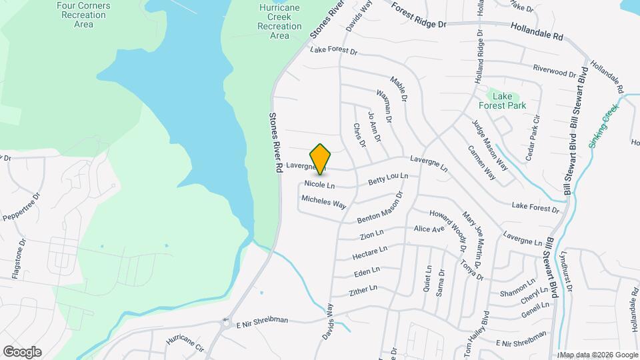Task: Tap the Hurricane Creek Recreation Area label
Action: coord(280,21)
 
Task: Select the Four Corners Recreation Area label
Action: coord(84,14)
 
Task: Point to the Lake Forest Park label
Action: coord(502,101)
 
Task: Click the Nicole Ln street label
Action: coord(319,183)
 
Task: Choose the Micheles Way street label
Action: coord(323,202)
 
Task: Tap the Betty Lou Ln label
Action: coord(388,179)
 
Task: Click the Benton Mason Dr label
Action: coord(381,209)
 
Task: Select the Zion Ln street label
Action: coord(371,235)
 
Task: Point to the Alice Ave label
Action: coord(429,229)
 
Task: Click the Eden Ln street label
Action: coord(367,271)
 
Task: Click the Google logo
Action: coord(22,352)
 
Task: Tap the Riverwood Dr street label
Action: coord(554,71)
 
